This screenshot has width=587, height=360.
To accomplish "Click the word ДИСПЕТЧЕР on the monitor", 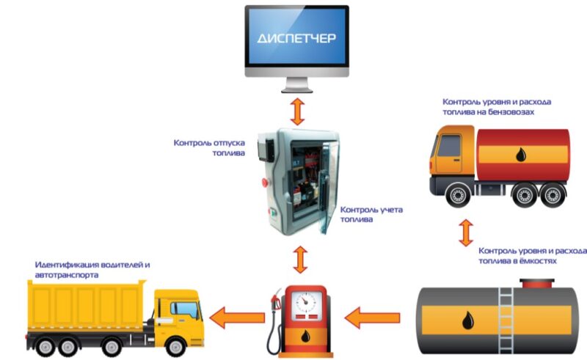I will pyautogui.click(x=297, y=37).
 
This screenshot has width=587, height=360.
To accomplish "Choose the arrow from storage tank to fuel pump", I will pyautogui.click(x=372, y=317).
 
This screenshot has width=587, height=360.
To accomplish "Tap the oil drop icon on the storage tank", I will pyautogui.click(x=467, y=320).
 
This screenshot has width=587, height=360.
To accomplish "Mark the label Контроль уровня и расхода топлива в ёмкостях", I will pyautogui.click(x=533, y=254).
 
